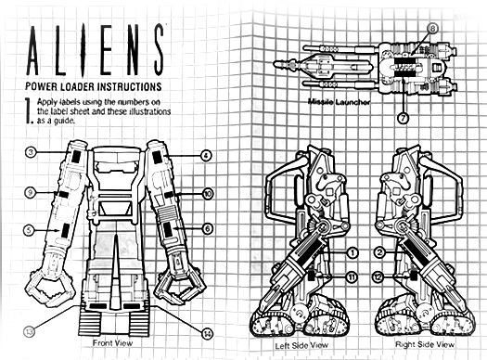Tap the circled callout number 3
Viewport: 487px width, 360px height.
tap(31, 152)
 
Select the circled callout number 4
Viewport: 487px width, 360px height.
tap(206, 156)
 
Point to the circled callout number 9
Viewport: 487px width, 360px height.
tap(31, 192)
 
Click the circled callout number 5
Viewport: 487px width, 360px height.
tap(31, 229)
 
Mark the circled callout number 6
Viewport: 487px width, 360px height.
tap(208, 228)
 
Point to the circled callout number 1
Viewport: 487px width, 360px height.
tap(353, 252)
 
